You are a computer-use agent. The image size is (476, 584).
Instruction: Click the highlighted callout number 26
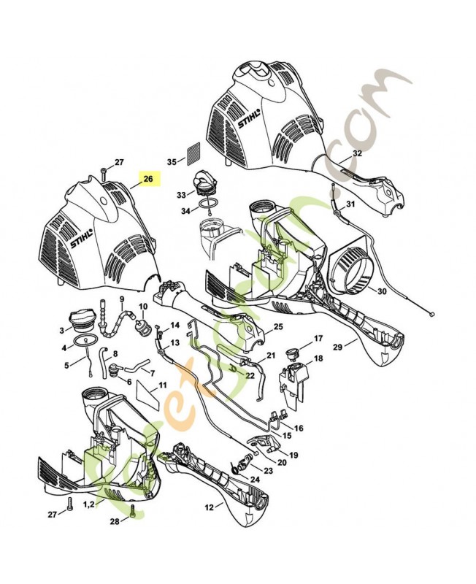click(x=148, y=178)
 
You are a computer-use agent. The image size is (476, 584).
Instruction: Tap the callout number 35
click(x=172, y=161)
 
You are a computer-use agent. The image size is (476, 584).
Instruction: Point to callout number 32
click(x=357, y=153)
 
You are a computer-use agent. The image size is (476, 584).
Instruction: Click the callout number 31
click(x=350, y=204)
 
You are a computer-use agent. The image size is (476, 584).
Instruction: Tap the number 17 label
click(x=318, y=339)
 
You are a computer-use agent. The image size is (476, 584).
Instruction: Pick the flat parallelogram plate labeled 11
click(x=148, y=397)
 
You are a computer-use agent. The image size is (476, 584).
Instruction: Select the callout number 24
click(x=254, y=480)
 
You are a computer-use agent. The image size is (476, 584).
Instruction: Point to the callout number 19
click(x=293, y=455)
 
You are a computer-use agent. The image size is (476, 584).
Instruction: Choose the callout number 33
click(x=181, y=195)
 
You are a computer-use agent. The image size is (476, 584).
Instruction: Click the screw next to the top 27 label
click(x=104, y=173)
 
